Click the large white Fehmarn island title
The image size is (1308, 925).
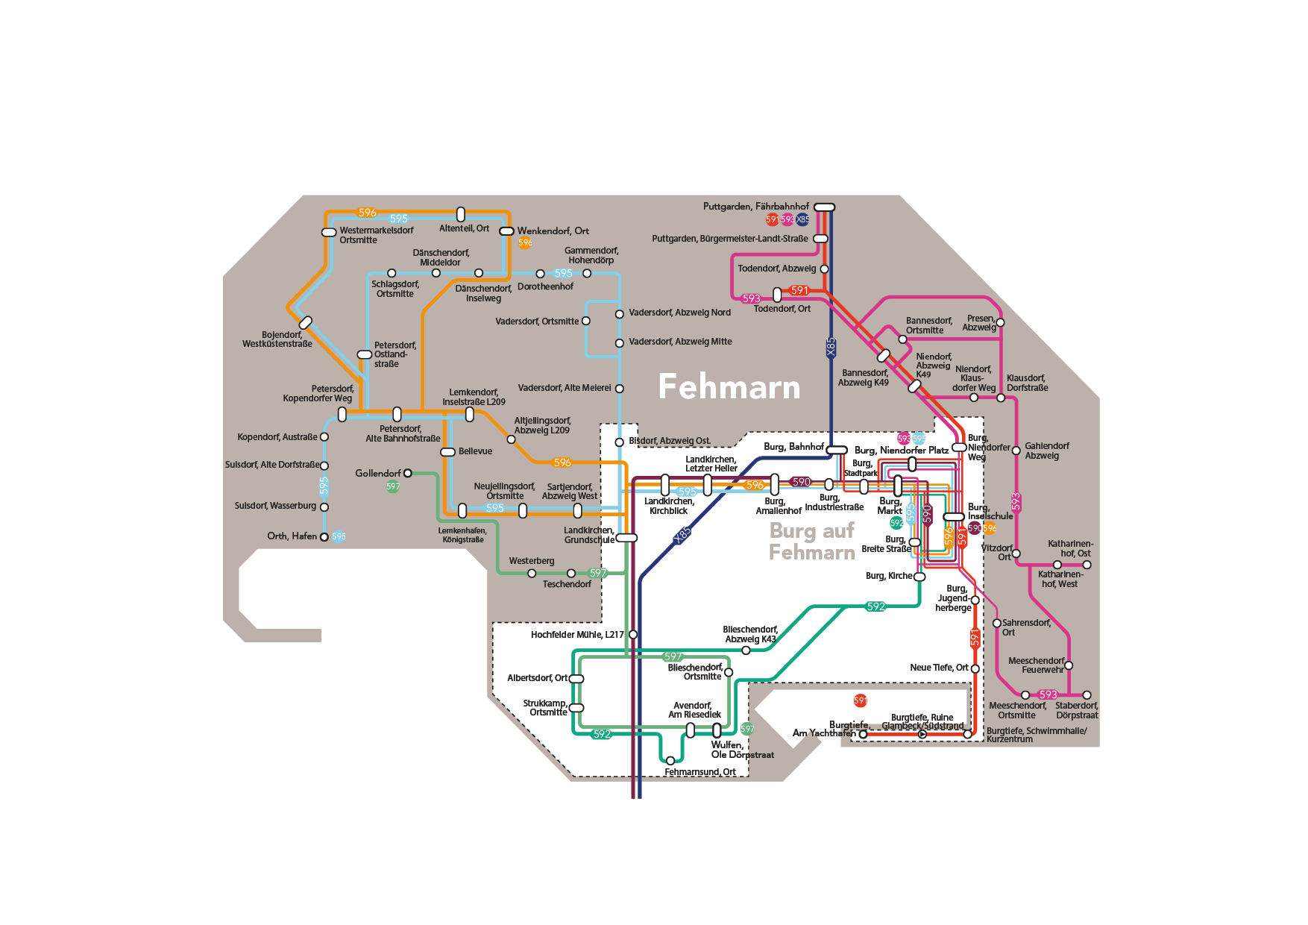click(729, 387)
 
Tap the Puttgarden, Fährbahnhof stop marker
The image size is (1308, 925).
click(824, 207)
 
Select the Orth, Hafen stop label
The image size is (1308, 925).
click(292, 536)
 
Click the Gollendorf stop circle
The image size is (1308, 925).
click(407, 473)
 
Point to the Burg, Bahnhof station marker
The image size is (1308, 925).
click(837, 450)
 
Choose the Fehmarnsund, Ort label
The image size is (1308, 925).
click(699, 772)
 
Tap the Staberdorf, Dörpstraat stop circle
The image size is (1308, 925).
click(1087, 694)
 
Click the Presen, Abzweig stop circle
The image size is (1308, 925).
click(1000, 322)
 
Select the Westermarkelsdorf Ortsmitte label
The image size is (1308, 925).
click(376, 235)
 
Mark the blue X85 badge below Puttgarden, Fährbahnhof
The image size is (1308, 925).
click(802, 219)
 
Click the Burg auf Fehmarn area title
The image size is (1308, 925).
click(812, 542)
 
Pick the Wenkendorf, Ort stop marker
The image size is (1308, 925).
click(506, 231)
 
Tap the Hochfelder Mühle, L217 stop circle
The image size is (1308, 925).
click(633, 634)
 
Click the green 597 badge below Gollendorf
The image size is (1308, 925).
click(393, 486)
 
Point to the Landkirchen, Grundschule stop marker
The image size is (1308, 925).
click(626, 538)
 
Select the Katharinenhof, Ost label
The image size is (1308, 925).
click(1070, 548)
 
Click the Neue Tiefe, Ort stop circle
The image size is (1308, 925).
click(975, 668)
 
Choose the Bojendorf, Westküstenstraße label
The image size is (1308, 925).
click(277, 339)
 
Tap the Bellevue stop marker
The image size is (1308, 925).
click(447, 452)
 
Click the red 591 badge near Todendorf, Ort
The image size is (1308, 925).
click(799, 290)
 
